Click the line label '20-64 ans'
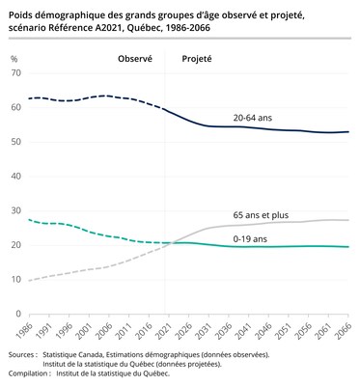click(x=253, y=118)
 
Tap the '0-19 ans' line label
click(x=251, y=237)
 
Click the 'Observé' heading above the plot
click(x=135, y=59)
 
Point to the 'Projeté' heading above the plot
click(x=197, y=59)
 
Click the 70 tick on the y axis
click(x=15, y=73)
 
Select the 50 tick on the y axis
click(x=15, y=142)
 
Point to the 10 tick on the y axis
click(x=15, y=280)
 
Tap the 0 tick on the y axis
click(x=18, y=314)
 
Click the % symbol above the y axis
click(x=14, y=59)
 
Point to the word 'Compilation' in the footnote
click(x=30, y=373)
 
